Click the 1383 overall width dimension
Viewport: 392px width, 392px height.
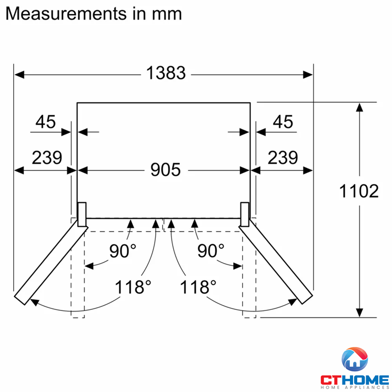coord(166,73)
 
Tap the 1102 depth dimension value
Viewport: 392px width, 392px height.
coord(359,191)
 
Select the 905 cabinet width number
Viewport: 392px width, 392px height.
coord(166,170)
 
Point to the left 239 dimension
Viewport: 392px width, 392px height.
coord(47,157)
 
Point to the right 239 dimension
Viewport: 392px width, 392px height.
coord(283,157)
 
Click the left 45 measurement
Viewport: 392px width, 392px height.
coord(45,122)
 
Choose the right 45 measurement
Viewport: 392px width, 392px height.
coord(283,122)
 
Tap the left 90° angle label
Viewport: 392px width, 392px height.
coord(123,251)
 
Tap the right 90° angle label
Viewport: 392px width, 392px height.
coord(211,251)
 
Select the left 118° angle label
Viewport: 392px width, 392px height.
coord(133,287)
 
